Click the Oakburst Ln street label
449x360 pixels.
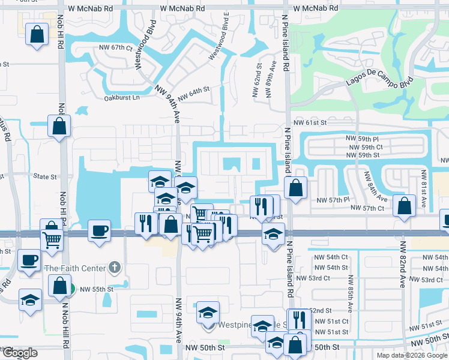[x=121, y=97]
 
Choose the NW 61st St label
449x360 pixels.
[x=310, y=122]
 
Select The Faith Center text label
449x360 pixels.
[x=74, y=268]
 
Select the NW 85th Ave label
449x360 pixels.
[x=350, y=295]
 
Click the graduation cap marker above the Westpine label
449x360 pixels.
[x=208, y=313]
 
